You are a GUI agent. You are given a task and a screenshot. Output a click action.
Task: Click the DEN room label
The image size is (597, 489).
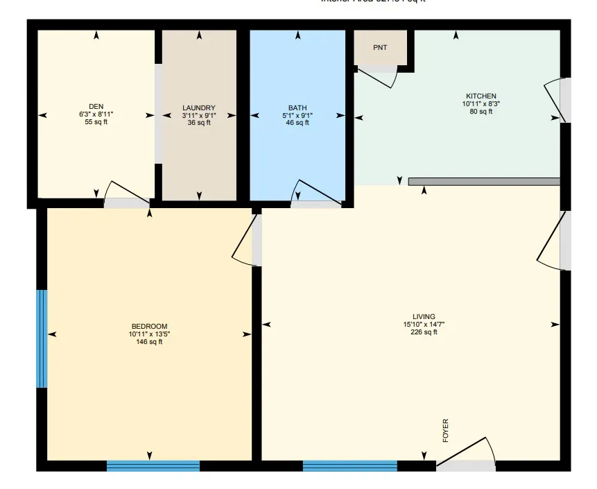(96, 106)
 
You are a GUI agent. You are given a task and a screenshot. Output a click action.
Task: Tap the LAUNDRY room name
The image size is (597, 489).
(199, 108)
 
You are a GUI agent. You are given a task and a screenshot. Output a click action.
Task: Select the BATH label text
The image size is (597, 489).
(297, 108)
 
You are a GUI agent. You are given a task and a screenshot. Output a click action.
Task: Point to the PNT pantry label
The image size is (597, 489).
(380, 48)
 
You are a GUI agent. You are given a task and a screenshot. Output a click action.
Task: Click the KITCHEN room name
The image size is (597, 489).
(481, 96)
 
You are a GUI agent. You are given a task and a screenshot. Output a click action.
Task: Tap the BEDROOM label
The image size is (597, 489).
(149, 326)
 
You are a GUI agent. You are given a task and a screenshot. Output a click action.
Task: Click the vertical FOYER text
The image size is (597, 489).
(446, 431)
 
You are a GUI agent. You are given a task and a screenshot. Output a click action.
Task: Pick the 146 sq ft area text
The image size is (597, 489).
(149, 341)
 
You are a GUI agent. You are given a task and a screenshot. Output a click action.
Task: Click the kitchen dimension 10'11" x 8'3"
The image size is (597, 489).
(481, 103)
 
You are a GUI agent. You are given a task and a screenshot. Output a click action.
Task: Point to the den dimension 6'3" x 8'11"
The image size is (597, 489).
(96, 114)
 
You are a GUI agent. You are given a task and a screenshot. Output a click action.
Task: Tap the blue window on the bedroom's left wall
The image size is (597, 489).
(42, 338)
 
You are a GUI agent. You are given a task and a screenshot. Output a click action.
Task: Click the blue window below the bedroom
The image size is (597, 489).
(153, 466)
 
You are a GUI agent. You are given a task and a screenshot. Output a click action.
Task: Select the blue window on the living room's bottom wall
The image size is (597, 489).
(349, 466)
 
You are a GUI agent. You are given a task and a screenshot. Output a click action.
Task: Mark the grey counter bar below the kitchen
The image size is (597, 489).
(484, 182)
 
